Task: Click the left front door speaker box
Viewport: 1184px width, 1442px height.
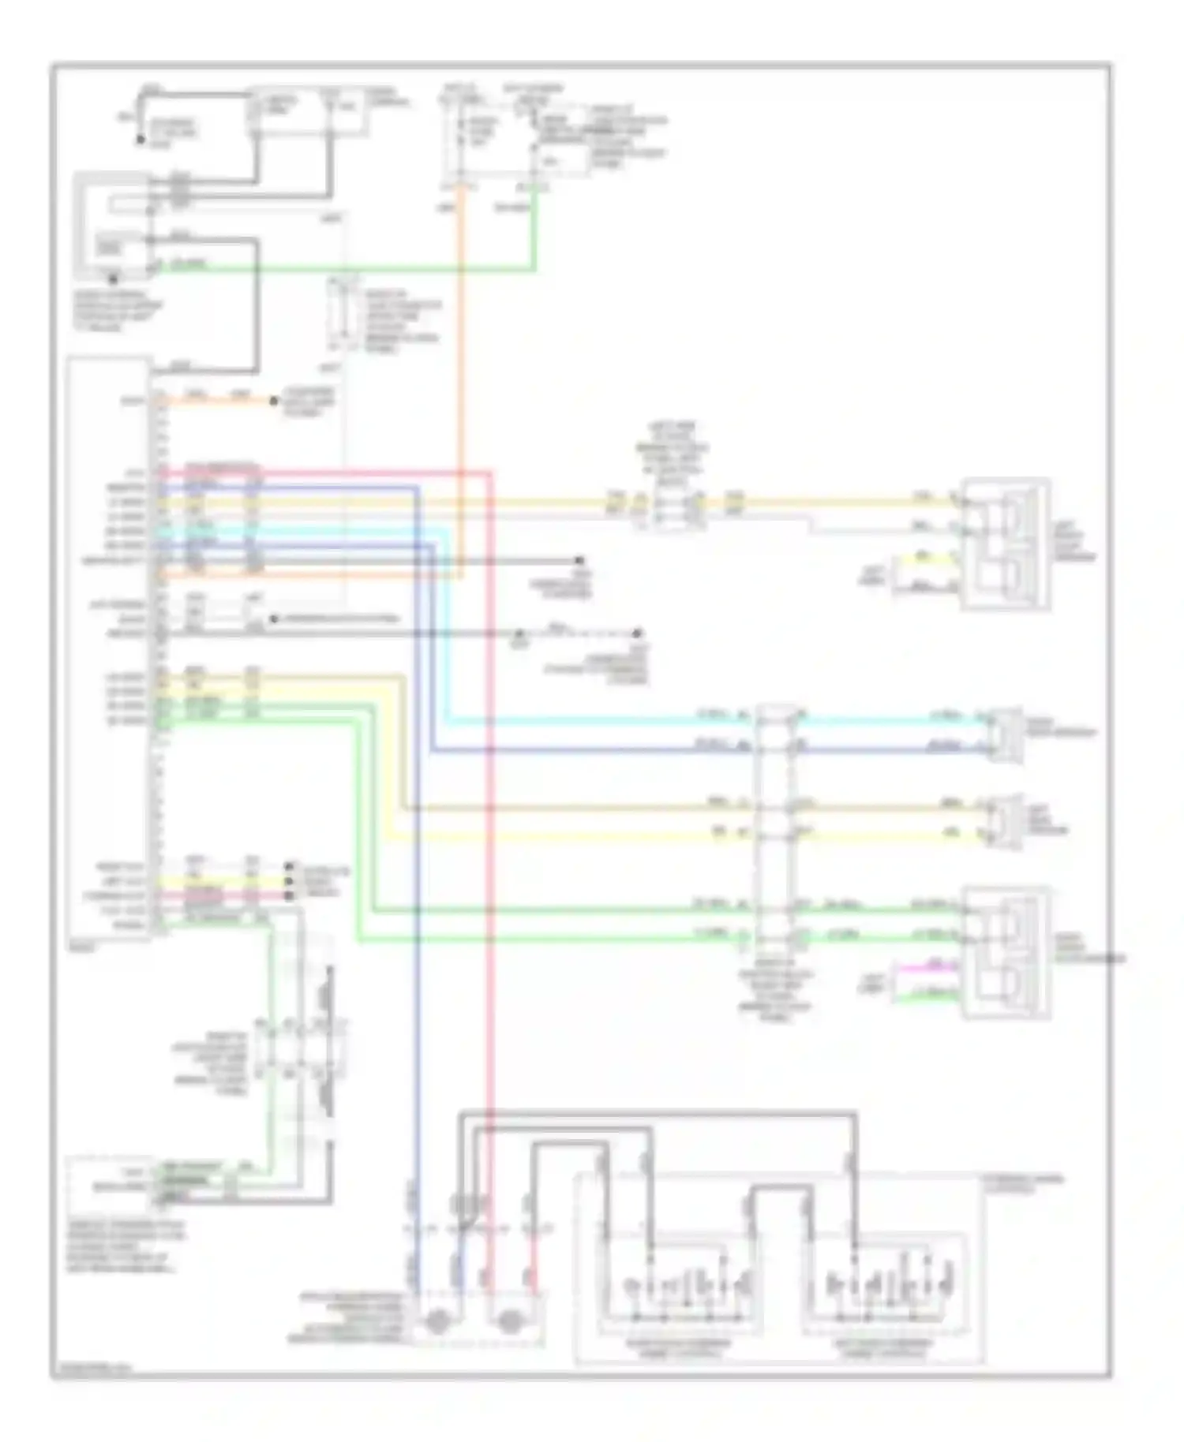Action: (1005, 544)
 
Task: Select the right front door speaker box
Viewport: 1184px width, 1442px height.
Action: (1005, 953)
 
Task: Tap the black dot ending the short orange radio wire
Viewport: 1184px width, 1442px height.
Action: (273, 401)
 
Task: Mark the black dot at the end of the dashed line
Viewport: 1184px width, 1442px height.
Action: (638, 633)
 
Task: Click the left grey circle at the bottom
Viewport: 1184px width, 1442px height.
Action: (437, 1321)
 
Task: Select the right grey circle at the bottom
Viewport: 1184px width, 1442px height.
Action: (511, 1321)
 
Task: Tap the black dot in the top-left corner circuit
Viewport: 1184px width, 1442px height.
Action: (141, 140)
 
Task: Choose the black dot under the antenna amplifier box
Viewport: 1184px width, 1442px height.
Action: (114, 278)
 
